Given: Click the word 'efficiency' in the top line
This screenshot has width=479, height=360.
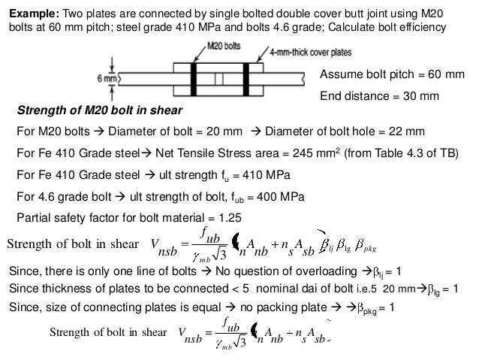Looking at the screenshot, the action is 420,27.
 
